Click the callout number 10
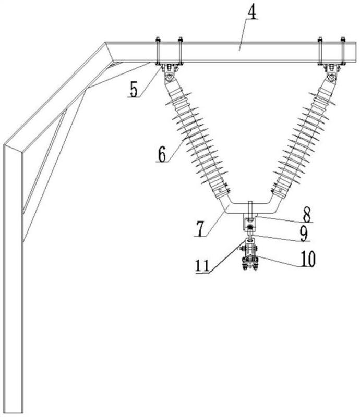pyautogui.click(x=307, y=258)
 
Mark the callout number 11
pyautogui.click(x=203, y=265)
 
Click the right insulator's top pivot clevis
pyautogui.click(x=332, y=73)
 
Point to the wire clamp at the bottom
pyautogui.click(x=250, y=263)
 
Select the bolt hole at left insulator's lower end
pyautogui.click(x=221, y=190)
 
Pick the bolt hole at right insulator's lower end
pyautogui.click(x=280, y=190)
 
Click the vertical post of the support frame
pyautogui.click(x=13, y=279)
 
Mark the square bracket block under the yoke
pyautogui.click(x=249, y=224)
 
